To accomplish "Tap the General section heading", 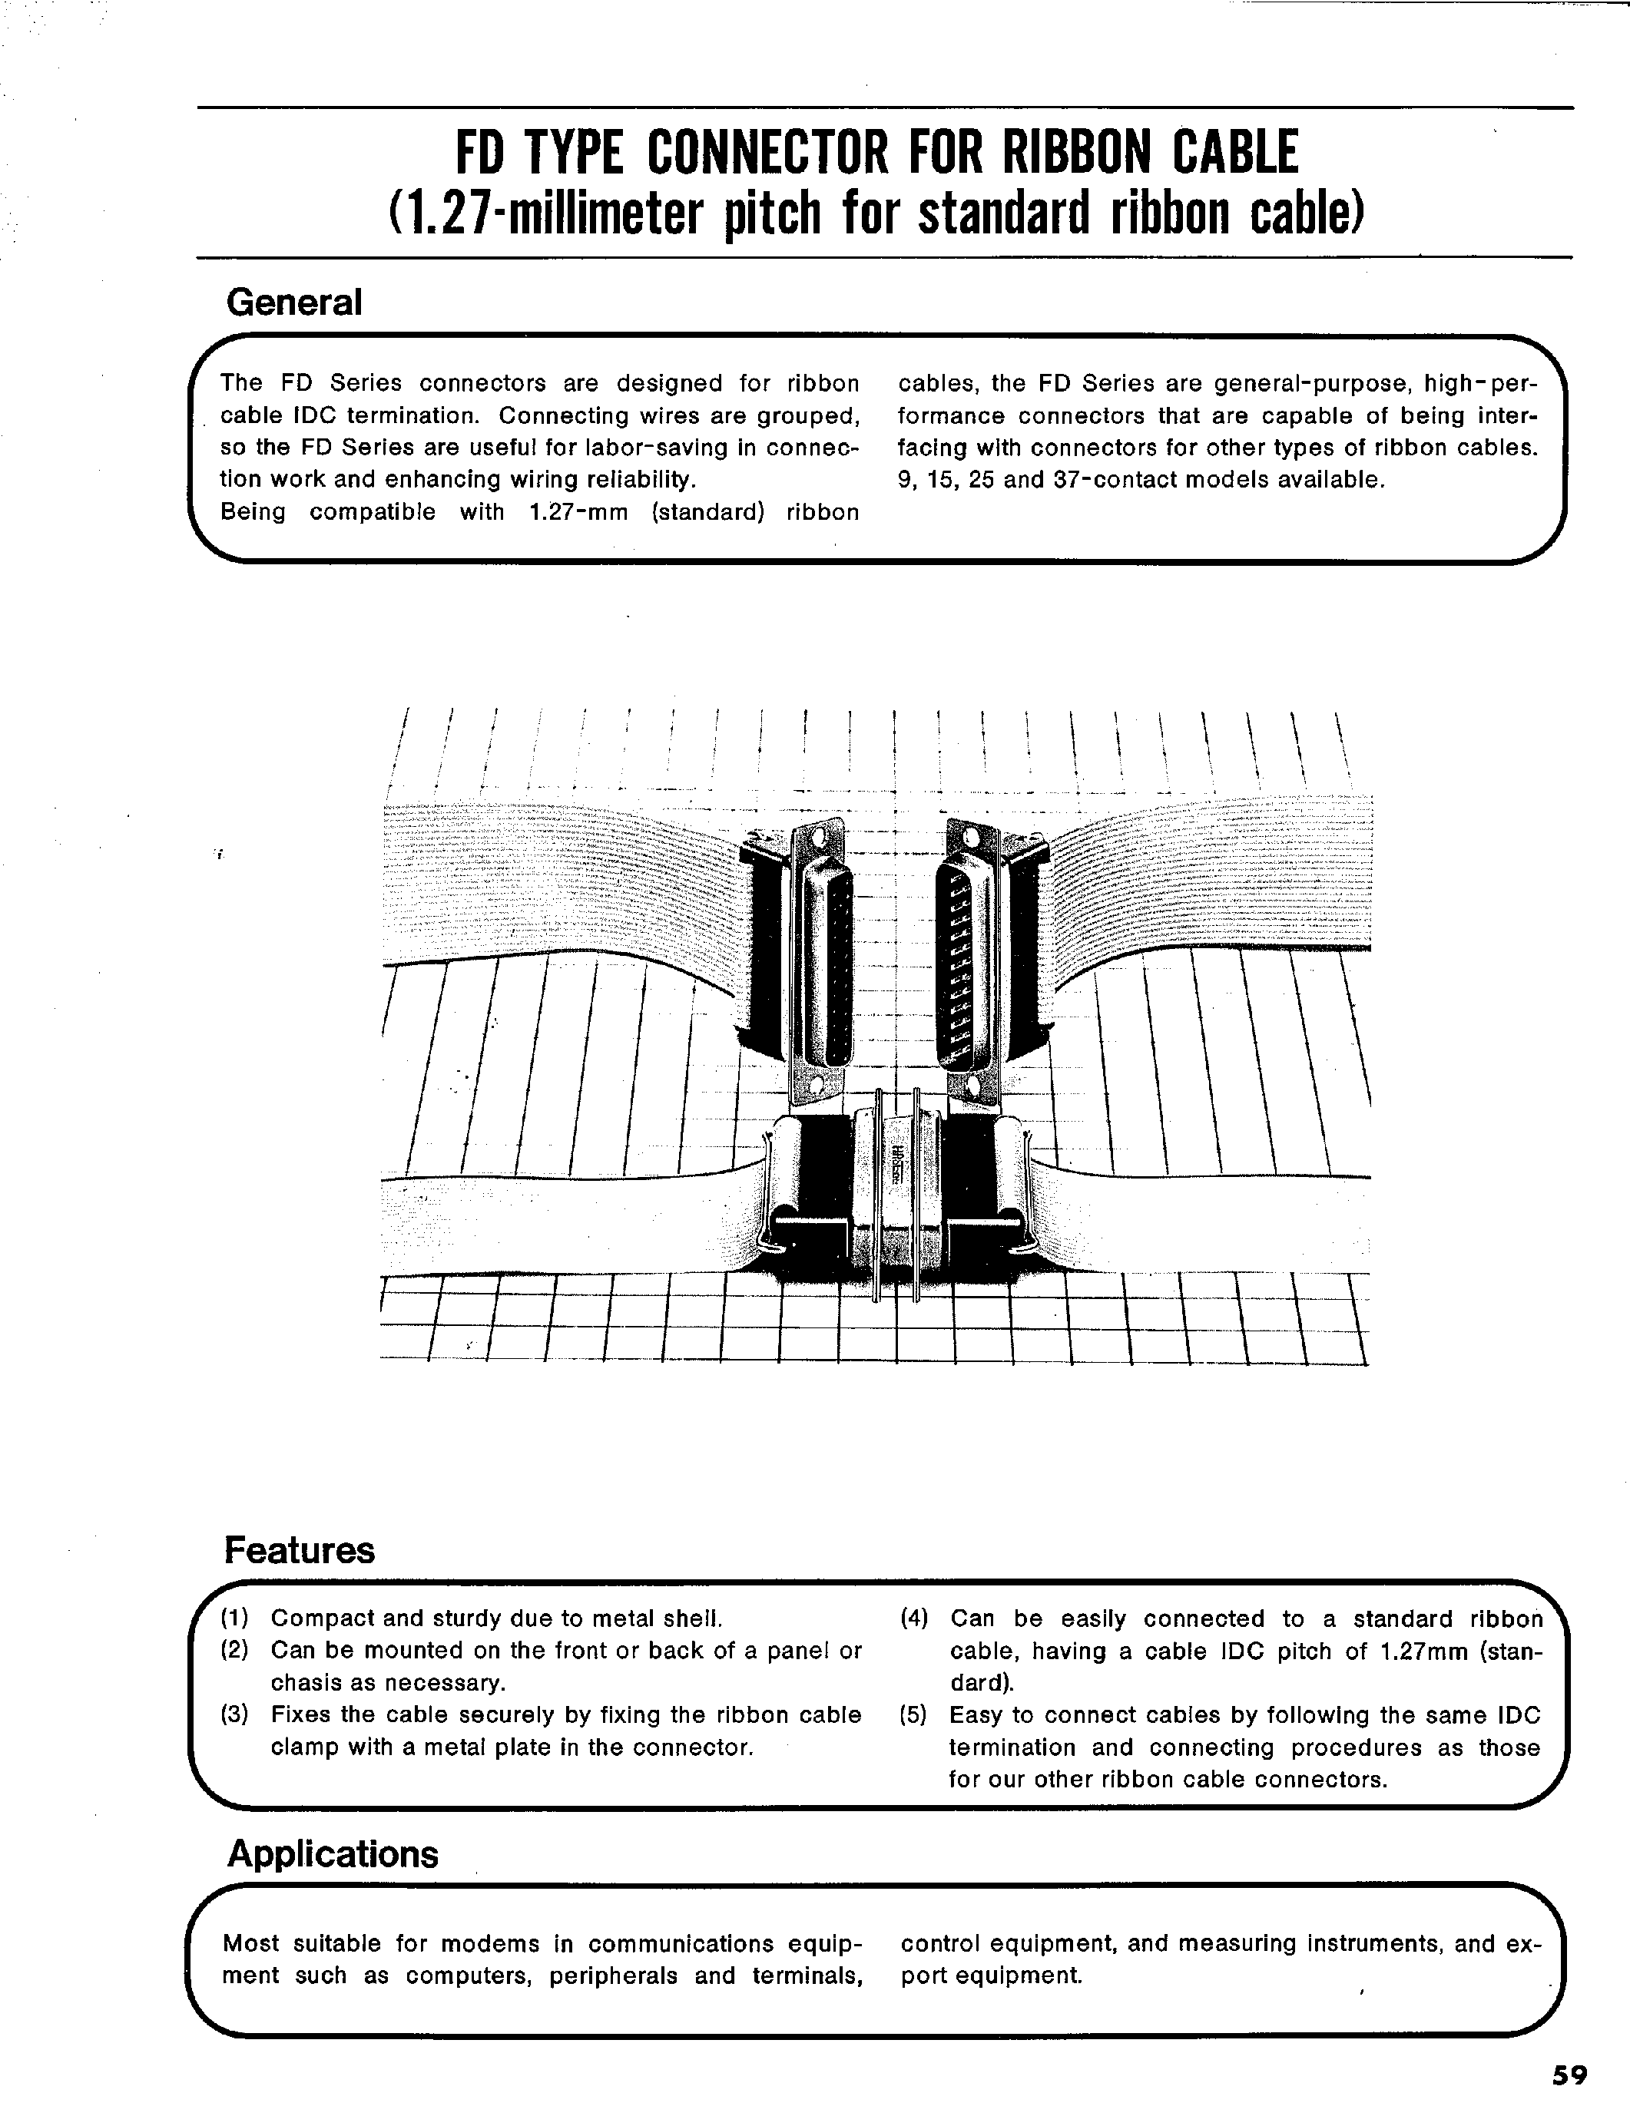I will pyautogui.click(x=293, y=302).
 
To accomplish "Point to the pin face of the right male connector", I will pyautogui.click(x=965, y=960).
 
